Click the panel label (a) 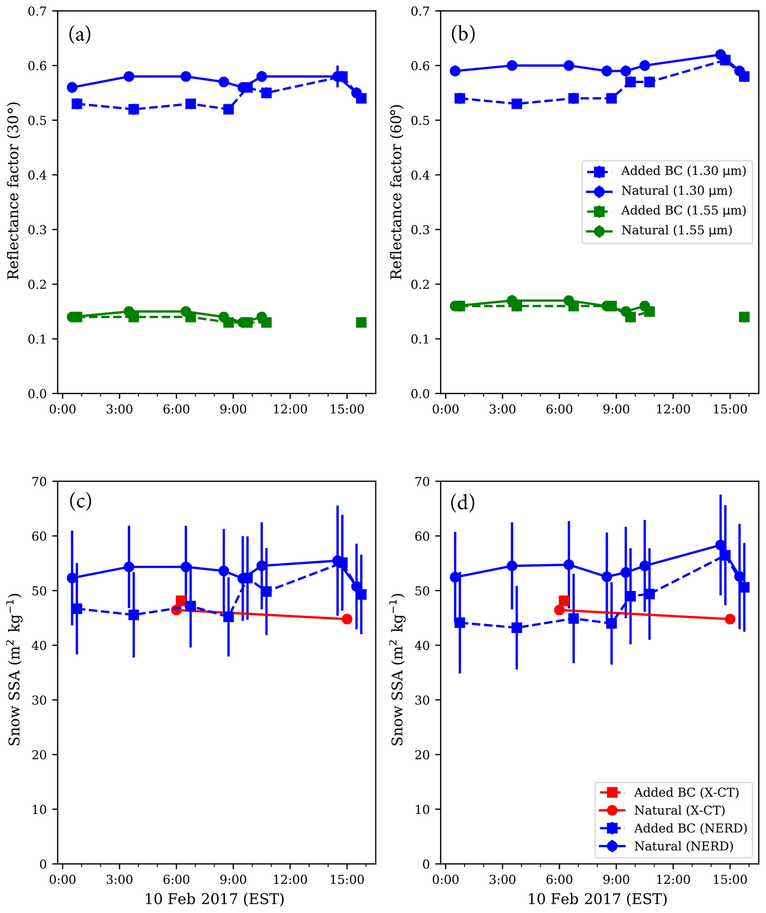[80, 34]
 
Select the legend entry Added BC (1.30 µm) [683, 171]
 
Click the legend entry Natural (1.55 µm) [676, 230]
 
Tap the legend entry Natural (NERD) [683, 846]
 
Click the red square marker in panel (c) [181, 601]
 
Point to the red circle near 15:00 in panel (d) [730, 619]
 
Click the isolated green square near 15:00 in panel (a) [361, 323]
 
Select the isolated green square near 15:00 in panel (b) [744, 317]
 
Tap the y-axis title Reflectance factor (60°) [396, 191]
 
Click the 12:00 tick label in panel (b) [673, 409]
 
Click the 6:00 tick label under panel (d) [559, 880]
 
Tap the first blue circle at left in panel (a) [72, 87]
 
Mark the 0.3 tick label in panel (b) [420, 230]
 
